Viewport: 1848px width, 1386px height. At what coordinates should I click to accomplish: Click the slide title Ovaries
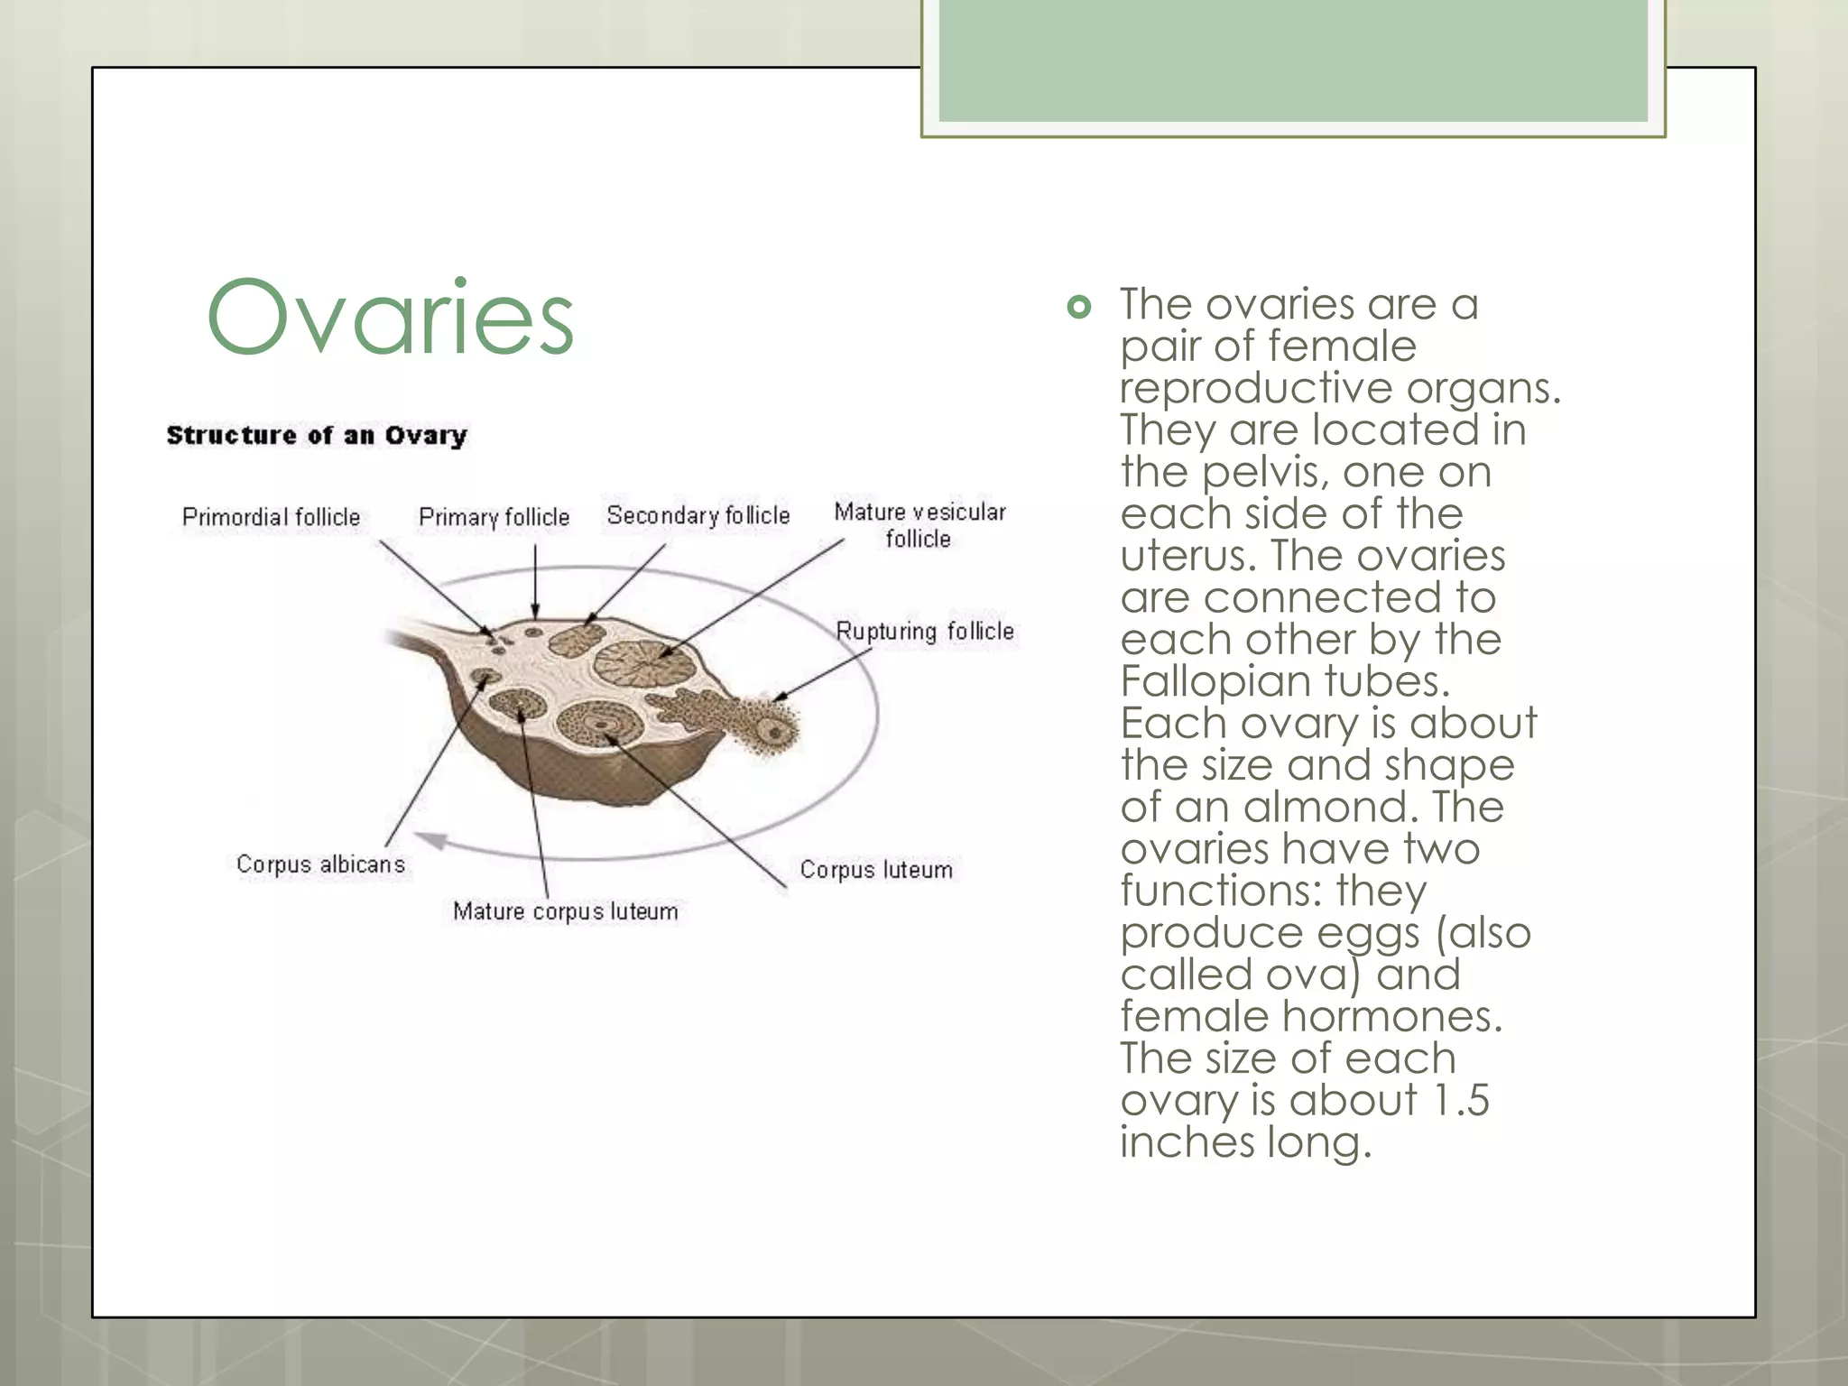point(390,318)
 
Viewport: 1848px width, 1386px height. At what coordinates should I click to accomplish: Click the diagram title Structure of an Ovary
point(317,436)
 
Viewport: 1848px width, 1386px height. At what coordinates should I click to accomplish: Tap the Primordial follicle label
point(271,517)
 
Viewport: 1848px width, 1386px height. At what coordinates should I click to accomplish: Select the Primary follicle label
point(494,517)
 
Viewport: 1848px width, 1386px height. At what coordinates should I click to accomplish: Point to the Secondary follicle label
point(698,515)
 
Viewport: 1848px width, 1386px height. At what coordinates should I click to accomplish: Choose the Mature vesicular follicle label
point(919,525)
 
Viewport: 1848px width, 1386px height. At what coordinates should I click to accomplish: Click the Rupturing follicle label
point(924,631)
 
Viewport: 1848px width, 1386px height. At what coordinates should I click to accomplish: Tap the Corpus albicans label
point(320,864)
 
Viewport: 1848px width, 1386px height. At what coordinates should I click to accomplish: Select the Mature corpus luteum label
point(565,911)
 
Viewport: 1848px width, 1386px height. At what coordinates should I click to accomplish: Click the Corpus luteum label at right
point(875,870)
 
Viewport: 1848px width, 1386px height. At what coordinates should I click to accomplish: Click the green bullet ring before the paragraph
point(1078,308)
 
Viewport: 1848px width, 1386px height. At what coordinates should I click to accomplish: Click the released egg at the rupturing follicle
point(772,731)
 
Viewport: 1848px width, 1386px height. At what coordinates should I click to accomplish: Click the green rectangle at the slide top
point(1292,60)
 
